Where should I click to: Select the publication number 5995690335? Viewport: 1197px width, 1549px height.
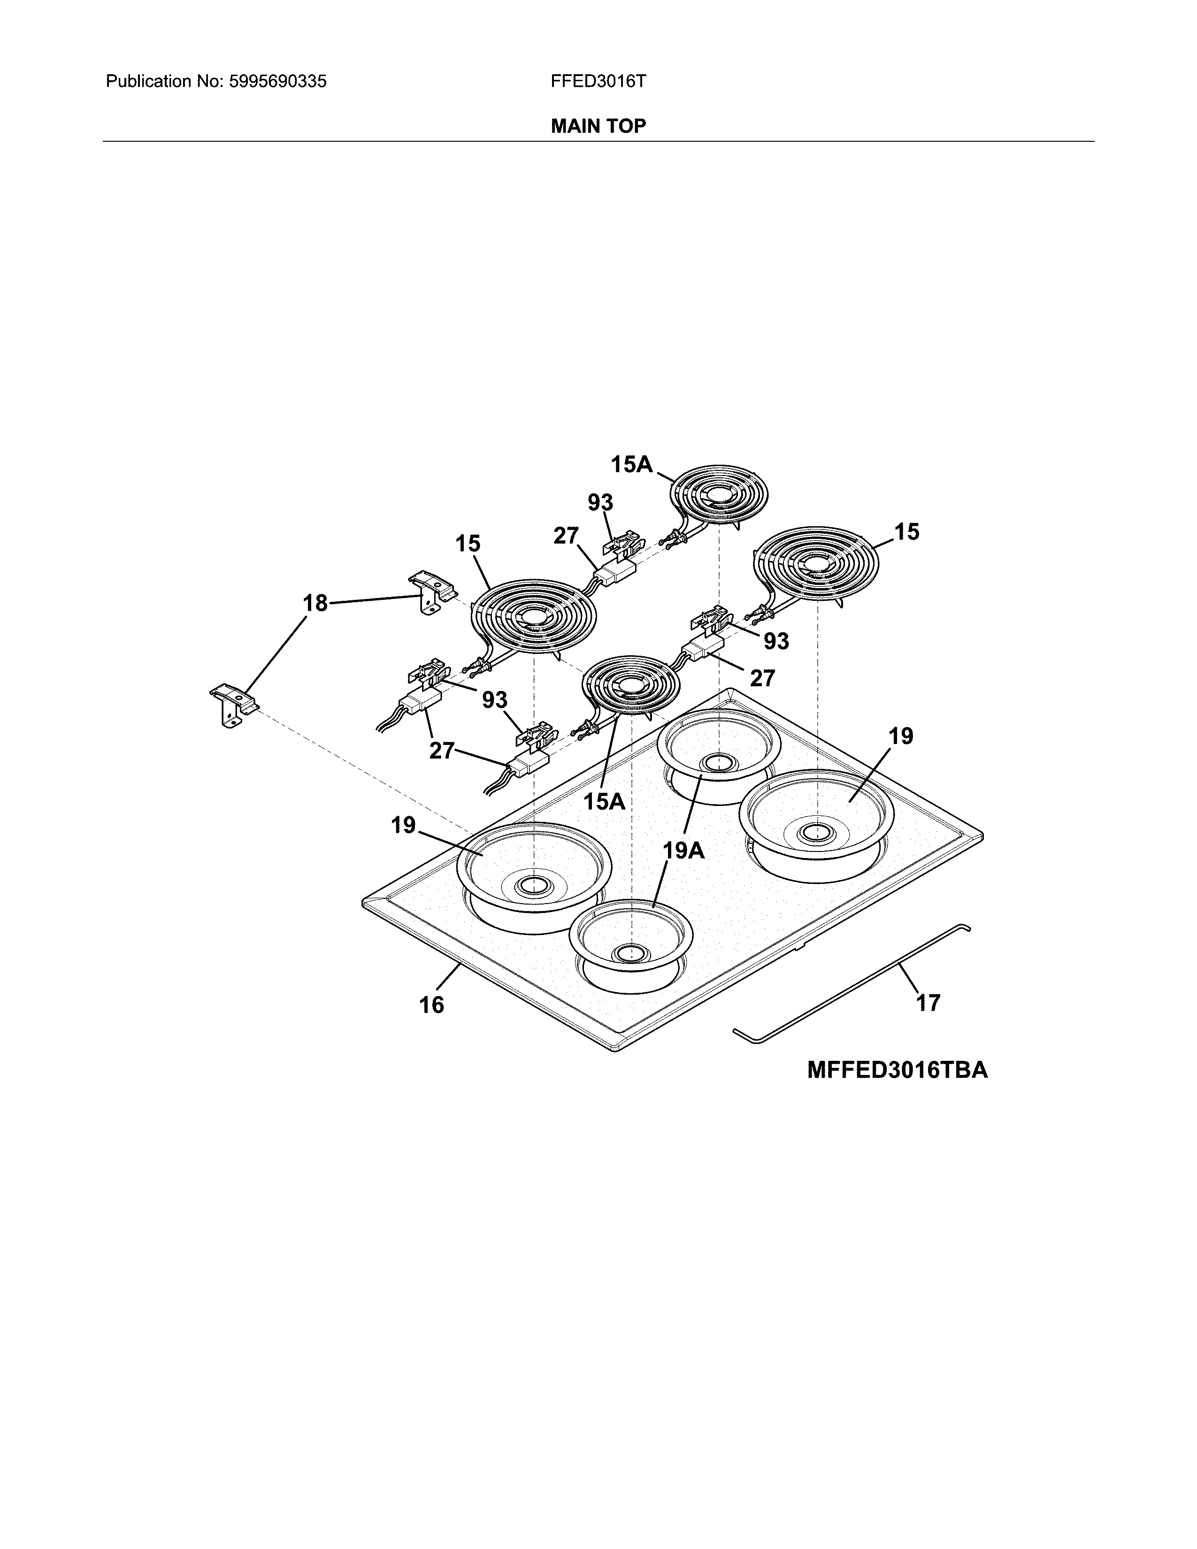(277, 82)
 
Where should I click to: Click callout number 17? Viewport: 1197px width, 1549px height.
(928, 1003)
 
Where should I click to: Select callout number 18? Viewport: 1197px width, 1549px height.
(315, 604)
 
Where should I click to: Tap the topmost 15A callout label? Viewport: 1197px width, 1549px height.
(631, 465)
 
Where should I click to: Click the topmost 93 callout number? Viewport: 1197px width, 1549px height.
(600, 502)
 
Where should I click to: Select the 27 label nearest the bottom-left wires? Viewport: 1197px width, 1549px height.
(441, 751)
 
